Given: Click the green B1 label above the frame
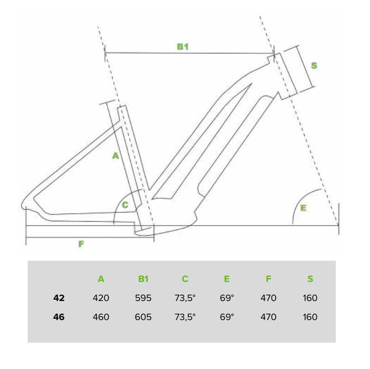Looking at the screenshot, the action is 183,47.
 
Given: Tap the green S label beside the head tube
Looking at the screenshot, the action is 314,65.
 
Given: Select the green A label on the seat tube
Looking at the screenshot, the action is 115,156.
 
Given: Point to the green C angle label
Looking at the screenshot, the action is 125,205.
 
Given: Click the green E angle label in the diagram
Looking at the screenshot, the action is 303,208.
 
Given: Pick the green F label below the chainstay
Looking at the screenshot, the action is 81,244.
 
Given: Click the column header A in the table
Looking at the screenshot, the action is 101,279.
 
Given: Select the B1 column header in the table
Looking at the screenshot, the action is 143,279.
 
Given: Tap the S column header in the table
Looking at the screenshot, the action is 310,279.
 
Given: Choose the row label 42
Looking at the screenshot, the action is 59,298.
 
